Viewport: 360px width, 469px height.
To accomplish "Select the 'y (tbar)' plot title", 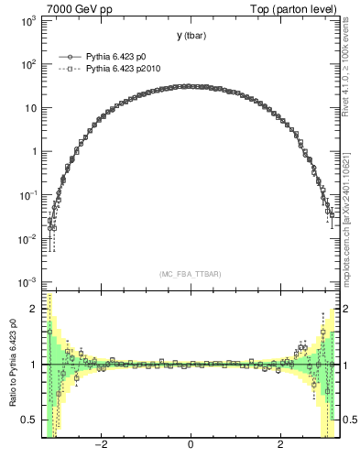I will pyautogui.click(x=191, y=36).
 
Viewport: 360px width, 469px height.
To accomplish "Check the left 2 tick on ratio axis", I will pyautogui.click(x=35, y=310).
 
